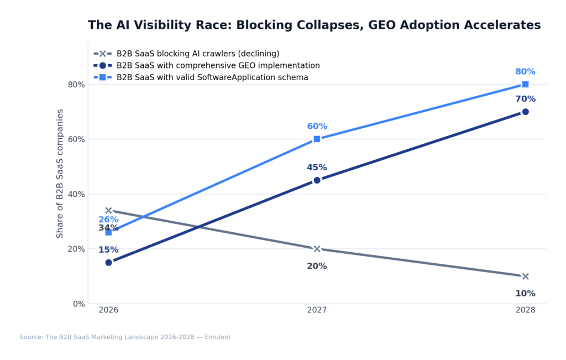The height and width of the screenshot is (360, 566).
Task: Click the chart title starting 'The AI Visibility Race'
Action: pos(314,25)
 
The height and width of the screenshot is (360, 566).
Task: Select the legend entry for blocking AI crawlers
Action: pos(197,54)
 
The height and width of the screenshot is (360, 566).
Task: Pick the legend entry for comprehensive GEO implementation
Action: pos(218,65)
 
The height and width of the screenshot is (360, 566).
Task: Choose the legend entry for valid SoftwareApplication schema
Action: pos(212,77)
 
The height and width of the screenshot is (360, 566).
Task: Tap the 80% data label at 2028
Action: pos(525,72)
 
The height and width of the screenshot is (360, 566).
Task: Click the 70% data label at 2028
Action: pos(525,100)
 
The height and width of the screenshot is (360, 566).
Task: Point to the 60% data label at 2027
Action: pos(317,127)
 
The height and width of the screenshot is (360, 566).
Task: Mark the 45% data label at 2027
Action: pos(317,168)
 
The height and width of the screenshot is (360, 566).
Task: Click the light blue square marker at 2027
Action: pos(317,139)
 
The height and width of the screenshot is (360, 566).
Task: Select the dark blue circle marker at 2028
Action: pos(525,112)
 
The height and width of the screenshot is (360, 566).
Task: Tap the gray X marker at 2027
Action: pos(317,249)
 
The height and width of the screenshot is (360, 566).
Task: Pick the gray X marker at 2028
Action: pos(525,276)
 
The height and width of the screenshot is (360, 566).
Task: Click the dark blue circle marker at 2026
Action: pos(108,263)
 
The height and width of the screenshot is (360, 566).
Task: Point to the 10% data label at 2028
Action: pos(525,294)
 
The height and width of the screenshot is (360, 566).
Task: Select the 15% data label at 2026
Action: pos(108,250)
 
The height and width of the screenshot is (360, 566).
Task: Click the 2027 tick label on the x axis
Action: pos(317,310)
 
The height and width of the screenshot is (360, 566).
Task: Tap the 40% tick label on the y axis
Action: pos(76,194)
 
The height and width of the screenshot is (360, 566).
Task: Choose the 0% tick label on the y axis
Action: pos(79,304)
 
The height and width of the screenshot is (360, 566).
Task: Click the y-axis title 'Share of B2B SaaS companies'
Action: pos(60,174)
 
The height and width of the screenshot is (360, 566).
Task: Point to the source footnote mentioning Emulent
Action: pos(125,337)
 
